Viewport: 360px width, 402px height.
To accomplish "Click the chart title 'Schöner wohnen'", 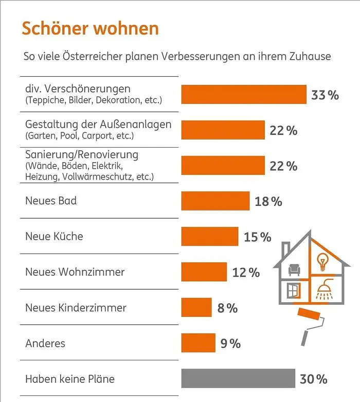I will (90, 28).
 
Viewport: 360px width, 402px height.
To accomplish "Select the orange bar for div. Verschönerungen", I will (244, 94).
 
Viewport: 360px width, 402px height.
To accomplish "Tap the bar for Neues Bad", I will (215, 201).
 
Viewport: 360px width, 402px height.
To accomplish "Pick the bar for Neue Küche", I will (209, 237).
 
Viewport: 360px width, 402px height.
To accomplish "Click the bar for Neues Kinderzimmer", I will (196, 308).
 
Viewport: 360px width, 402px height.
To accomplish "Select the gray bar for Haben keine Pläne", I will (238, 379).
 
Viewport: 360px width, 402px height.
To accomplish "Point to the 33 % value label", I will (325, 95).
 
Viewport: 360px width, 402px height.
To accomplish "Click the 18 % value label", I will (268, 202).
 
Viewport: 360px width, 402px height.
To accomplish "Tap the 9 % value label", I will (230, 343).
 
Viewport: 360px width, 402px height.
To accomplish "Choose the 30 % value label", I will (314, 379).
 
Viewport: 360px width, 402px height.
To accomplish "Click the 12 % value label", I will (246, 272).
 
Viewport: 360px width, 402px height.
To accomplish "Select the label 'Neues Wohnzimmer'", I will (75, 272).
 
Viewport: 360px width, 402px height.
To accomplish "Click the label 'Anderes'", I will (45, 343).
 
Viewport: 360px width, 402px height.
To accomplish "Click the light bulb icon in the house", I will (323, 260).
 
